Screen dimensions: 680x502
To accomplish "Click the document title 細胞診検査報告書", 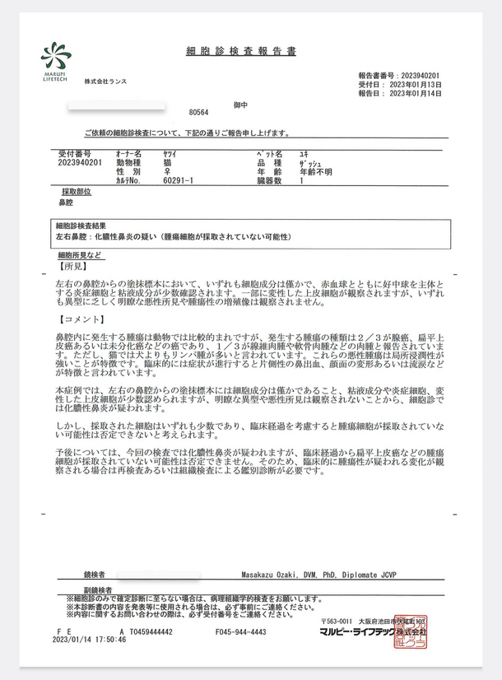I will (241, 51).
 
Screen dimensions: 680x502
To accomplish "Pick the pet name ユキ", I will (304, 153).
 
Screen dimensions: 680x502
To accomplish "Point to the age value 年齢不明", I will (316, 171).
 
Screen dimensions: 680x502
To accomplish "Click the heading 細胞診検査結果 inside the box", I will (80, 225).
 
